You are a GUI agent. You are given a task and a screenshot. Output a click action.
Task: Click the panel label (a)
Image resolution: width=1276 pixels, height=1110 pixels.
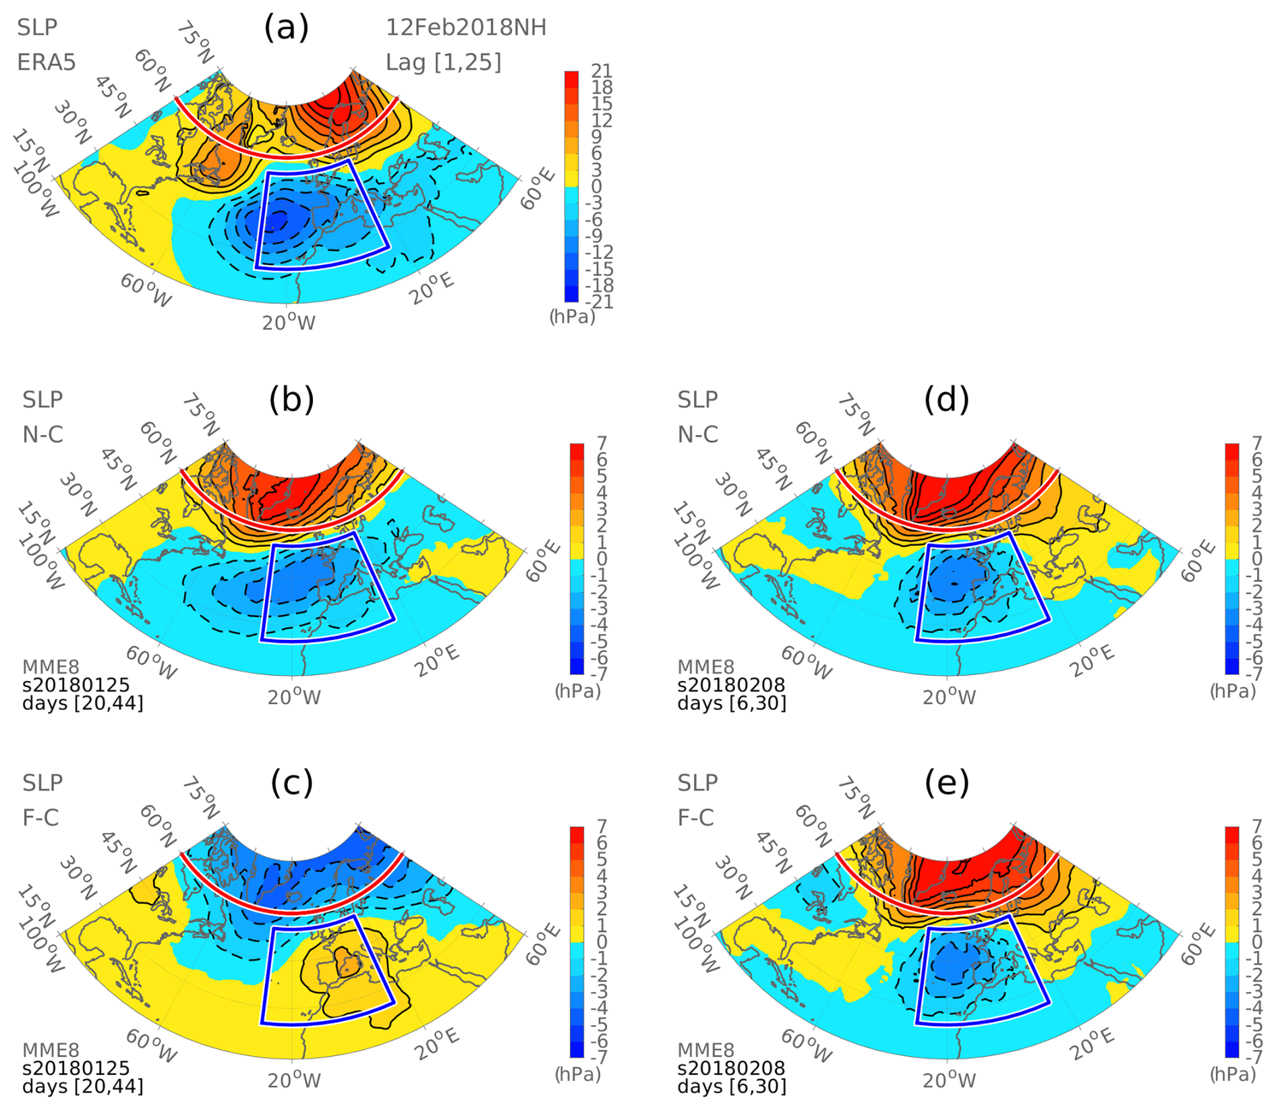[287, 28]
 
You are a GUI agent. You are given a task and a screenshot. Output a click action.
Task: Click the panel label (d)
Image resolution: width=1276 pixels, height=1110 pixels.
[947, 400]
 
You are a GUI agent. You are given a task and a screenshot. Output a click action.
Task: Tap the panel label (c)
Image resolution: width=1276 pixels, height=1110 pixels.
[291, 782]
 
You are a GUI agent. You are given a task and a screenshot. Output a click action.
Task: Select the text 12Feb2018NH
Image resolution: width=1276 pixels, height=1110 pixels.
[466, 28]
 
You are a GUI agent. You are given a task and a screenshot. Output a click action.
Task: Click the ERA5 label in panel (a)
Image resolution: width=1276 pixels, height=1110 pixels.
[46, 63]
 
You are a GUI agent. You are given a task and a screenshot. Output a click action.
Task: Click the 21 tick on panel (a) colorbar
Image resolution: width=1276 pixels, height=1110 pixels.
[602, 71]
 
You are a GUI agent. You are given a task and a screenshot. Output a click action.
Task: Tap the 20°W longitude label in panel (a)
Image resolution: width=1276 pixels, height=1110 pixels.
[289, 323]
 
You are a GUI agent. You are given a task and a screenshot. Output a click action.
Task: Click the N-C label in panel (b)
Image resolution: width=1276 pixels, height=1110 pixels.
[42, 435]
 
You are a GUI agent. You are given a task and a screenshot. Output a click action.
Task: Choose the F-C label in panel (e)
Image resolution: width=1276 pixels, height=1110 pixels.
[697, 818]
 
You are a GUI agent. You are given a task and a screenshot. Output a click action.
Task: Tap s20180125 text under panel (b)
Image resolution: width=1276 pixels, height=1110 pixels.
[76, 685]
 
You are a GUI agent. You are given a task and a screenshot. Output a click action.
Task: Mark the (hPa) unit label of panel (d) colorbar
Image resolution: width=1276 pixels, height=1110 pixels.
[1233, 691]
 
